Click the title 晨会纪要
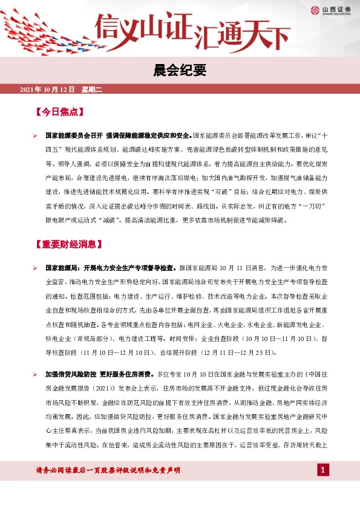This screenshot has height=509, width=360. pyautogui.click(x=180, y=71)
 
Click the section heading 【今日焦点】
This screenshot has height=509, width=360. pyautogui.click(x=60, y=112)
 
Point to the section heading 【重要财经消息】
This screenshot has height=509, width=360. pyautogui.click(x=68, y=244)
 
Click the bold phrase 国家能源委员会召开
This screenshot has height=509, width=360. pyautogui.click(x=73, y=135)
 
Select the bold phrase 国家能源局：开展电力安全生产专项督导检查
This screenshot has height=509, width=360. pyautogui.click(x=111, y=267)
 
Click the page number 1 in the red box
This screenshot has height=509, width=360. pyautogui.click(x=324, y=470)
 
